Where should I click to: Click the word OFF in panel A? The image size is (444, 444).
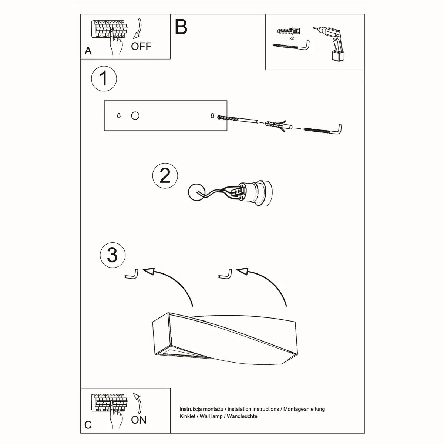point(141,46)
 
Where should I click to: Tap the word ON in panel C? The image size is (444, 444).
point(138,420)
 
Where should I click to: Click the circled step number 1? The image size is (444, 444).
point(104,78)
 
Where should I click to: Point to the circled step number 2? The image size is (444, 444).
point(165,175)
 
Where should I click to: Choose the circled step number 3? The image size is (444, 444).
point(112,255)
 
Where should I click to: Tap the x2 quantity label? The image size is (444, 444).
point(292,38)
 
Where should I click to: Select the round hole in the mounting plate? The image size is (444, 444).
point(135,116)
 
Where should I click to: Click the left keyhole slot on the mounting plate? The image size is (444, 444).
point(119,116)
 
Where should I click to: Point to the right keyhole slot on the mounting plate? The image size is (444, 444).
point(212,116)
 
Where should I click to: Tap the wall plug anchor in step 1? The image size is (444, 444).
point(275,125)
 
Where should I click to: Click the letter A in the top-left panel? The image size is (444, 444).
point(88,51)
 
